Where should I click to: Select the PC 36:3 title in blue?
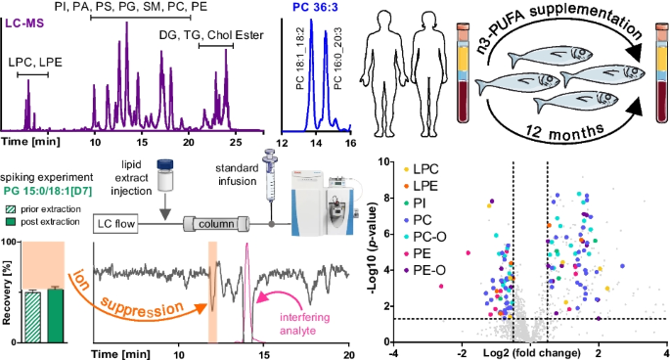[x=315, y=7]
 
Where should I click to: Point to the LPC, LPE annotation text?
[x=35, y=63]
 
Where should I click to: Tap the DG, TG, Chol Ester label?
[x=211, y=35]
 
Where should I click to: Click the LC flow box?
[x=115, y=224]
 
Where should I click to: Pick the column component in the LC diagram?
[x=216, y=224]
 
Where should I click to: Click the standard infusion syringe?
[x=270, y=175]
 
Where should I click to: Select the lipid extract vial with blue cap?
[x=165, y=175]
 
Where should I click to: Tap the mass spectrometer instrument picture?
[x=323, y=202]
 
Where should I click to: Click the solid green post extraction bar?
[x=56, y=316]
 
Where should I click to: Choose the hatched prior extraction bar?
[x=33, y=317]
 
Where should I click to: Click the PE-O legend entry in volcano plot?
[x=424, y=270]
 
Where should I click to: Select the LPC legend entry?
[x=422, y=169]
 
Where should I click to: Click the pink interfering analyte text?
[x=304, y=324]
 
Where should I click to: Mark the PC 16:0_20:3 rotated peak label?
[x=337, y=59]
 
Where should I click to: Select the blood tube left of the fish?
[x=464, y=73]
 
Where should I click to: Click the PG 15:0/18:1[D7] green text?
[x=47, y=191]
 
